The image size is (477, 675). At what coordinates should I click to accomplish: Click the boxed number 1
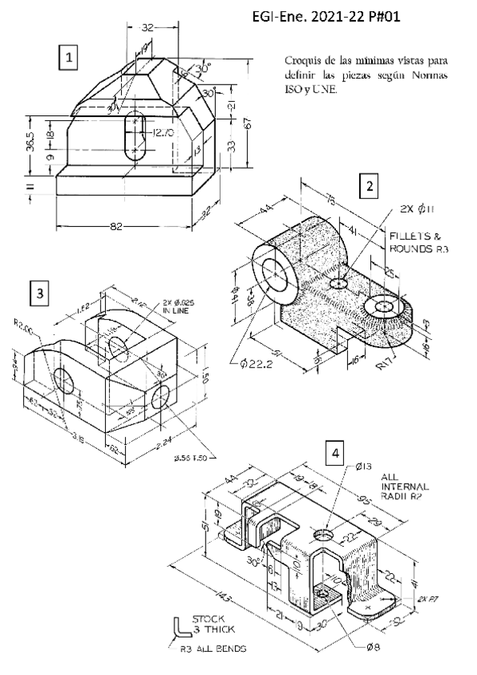(72, 57)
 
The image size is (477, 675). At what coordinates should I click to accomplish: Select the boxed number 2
(367, 185)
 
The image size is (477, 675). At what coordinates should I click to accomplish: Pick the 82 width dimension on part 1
(117, 228)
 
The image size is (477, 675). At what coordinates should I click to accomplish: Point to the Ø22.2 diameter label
(256, 365)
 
